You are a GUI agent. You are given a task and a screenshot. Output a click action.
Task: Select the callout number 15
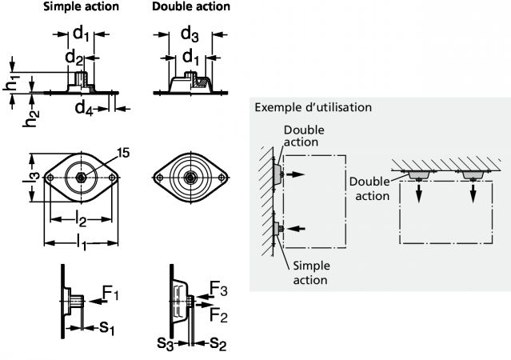122,151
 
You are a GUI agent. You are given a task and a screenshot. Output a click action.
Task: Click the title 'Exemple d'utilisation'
312,107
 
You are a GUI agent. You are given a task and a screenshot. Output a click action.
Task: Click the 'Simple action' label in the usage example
310,273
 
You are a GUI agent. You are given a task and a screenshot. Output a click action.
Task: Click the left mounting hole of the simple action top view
52,178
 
